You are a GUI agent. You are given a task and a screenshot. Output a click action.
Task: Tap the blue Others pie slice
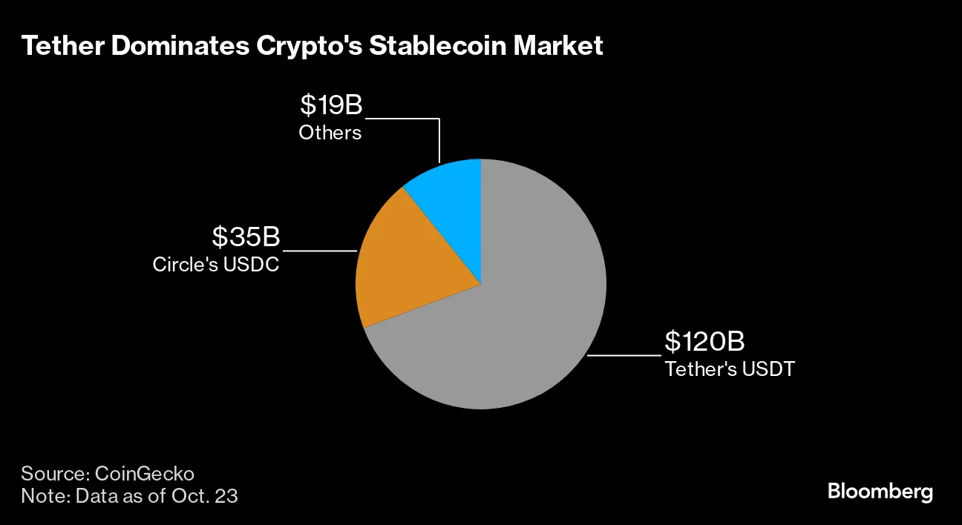point(449,193)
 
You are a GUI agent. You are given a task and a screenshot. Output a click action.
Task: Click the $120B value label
point(704,342)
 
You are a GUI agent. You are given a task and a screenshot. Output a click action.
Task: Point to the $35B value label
point(246,237)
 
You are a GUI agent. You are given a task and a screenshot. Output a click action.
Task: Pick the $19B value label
point(331,105)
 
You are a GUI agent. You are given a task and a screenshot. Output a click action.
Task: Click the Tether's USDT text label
point(729,369)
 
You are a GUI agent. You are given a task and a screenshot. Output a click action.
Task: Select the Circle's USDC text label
point(216,264)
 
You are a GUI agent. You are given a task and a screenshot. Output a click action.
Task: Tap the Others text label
point(330,133)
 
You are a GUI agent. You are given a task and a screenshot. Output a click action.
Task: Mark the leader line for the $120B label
point(624,356)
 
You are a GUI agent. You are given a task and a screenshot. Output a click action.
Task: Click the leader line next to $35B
point(319,251)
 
